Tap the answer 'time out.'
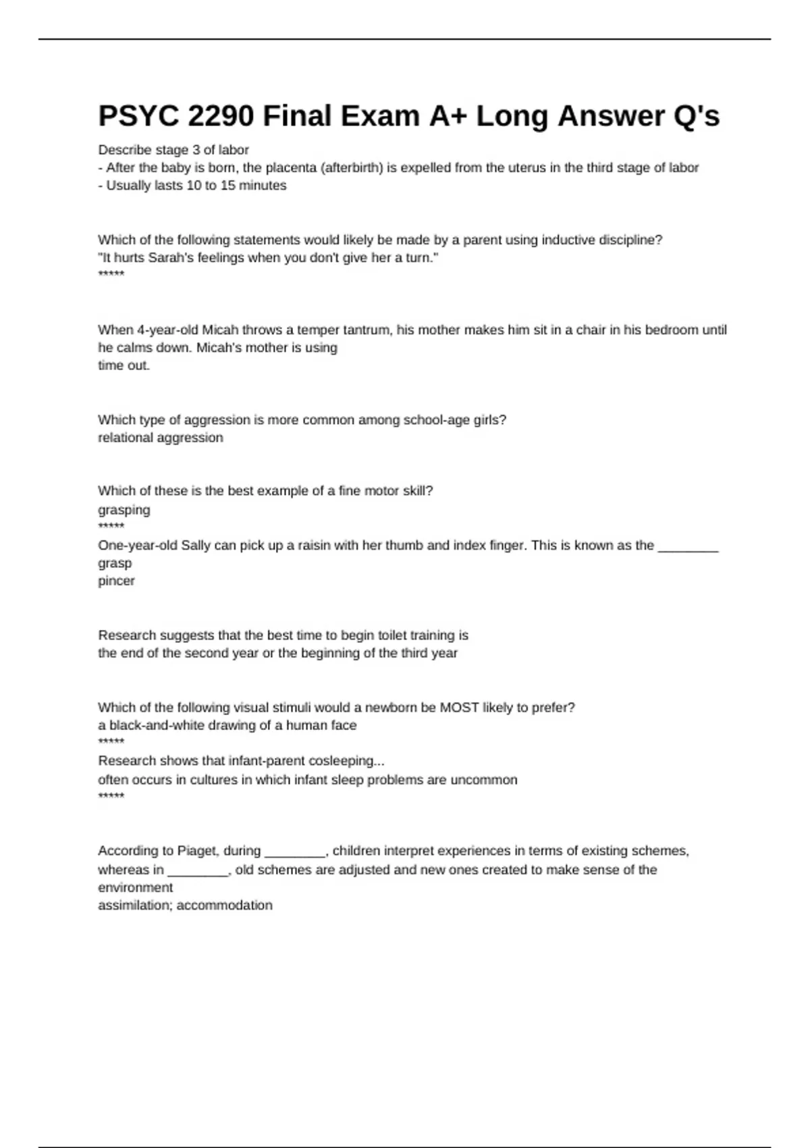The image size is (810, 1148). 124,365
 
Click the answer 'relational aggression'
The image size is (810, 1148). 161,438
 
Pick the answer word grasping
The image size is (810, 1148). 124,510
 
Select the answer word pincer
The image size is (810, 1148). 116,581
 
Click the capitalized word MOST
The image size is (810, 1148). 459,708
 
